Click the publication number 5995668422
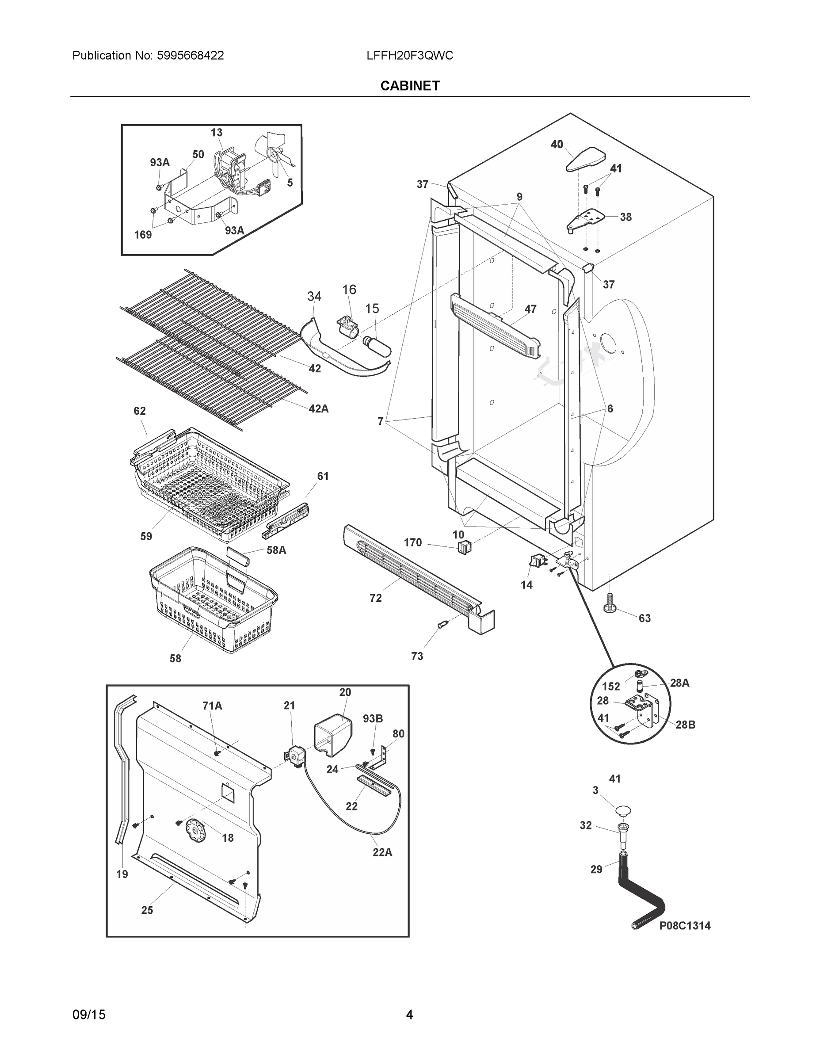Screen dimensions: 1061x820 (190, 56)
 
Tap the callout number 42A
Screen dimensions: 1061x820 (318, 409)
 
